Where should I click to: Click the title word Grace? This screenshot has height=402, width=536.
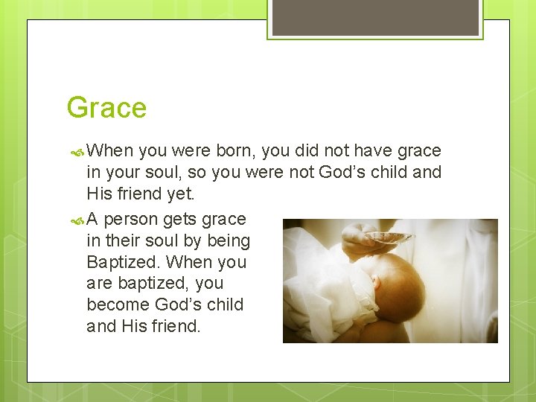click(x=106, y=108)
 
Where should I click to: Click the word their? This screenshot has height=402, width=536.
click(x=124, y=241)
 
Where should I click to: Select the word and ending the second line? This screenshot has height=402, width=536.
click(x=427, y=173)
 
